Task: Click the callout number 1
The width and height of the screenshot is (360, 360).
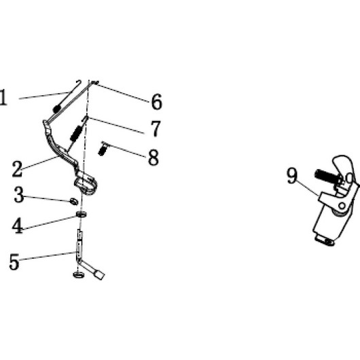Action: tap(3, 98)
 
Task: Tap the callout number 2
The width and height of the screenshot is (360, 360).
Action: tap(17, 169)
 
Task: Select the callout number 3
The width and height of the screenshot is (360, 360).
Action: tap(18, 194)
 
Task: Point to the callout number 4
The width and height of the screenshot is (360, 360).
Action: tap(17, 226)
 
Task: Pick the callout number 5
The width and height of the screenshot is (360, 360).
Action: tap(14, 262)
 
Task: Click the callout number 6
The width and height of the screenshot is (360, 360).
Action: tap(157, 102)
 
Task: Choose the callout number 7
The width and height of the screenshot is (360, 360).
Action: tap(156, 128)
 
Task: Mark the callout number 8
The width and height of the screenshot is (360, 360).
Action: tap(154, 158)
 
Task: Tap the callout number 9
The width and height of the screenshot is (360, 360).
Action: tap(292, 176)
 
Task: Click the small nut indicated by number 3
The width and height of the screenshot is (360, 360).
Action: tap(74, 201)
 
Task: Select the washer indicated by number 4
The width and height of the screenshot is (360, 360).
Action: tap(82, 214)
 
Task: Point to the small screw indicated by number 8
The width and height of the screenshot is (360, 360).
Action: tap(103, 149)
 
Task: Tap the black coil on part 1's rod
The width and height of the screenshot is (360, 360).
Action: tap(56, 109)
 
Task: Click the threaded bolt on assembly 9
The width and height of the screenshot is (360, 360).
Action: tap(327, 176)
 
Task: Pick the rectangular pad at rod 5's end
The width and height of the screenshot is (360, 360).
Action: tap(98, 274)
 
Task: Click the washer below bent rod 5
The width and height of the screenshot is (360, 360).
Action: tap(78, 274)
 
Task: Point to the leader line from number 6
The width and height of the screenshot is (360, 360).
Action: tap(122, 93)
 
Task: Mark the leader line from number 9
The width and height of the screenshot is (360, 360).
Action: tap(308, 188)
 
